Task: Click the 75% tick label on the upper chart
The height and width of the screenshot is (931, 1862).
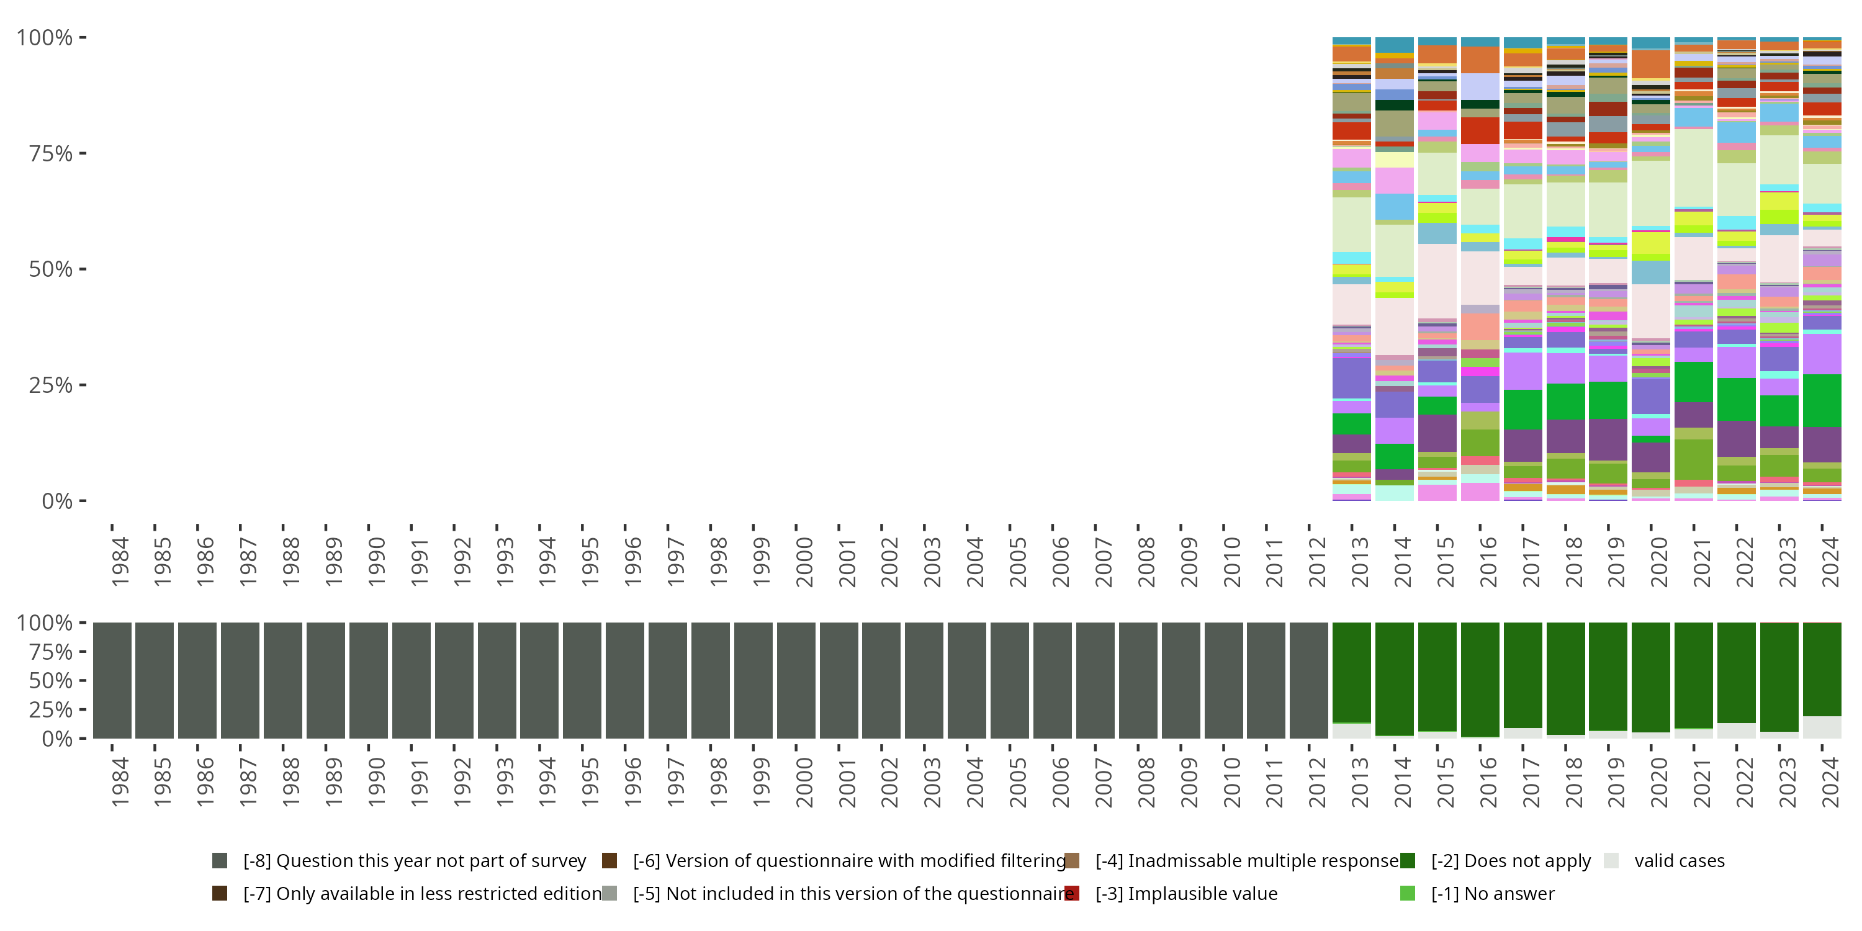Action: tap(50, 154)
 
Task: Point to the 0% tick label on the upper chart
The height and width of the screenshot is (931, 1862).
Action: tap(56, 501)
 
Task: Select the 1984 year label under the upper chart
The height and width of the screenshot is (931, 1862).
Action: tap(119, 562)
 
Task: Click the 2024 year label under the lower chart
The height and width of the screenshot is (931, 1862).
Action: tap(1830, 783)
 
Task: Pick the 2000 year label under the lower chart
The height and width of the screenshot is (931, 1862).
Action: tap(804, 783)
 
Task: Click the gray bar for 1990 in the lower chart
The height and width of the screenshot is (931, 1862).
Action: tap(368, 680)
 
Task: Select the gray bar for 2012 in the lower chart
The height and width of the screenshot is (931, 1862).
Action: tap(1308, 680)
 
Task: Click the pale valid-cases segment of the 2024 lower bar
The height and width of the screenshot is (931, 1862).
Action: tap(1822, 727)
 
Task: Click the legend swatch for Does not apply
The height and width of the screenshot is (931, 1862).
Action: tap(1407, 860)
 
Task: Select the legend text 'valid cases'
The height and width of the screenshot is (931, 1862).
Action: tap(1679, 861)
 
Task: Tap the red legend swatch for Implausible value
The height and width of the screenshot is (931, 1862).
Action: tap(1072, 893)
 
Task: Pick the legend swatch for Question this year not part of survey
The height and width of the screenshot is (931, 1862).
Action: tap(220, 860)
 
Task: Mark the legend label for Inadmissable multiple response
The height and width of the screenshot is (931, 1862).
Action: tap(1247, 861)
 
